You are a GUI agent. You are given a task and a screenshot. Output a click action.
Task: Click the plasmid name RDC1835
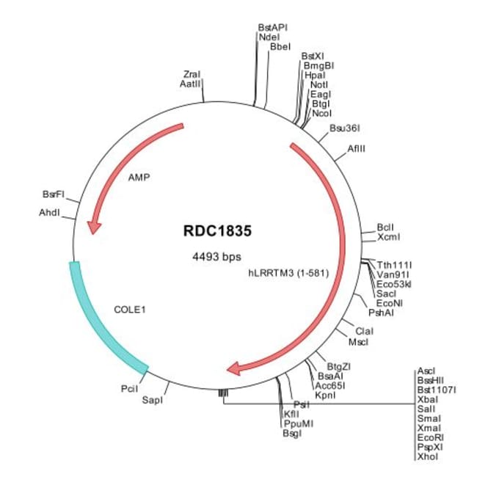point(217,230)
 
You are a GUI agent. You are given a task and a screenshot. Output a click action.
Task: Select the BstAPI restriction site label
point(272,26)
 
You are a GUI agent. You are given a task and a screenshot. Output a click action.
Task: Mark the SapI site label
point(152,400)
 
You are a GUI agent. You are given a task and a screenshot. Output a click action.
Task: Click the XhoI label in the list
point(426,456)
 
